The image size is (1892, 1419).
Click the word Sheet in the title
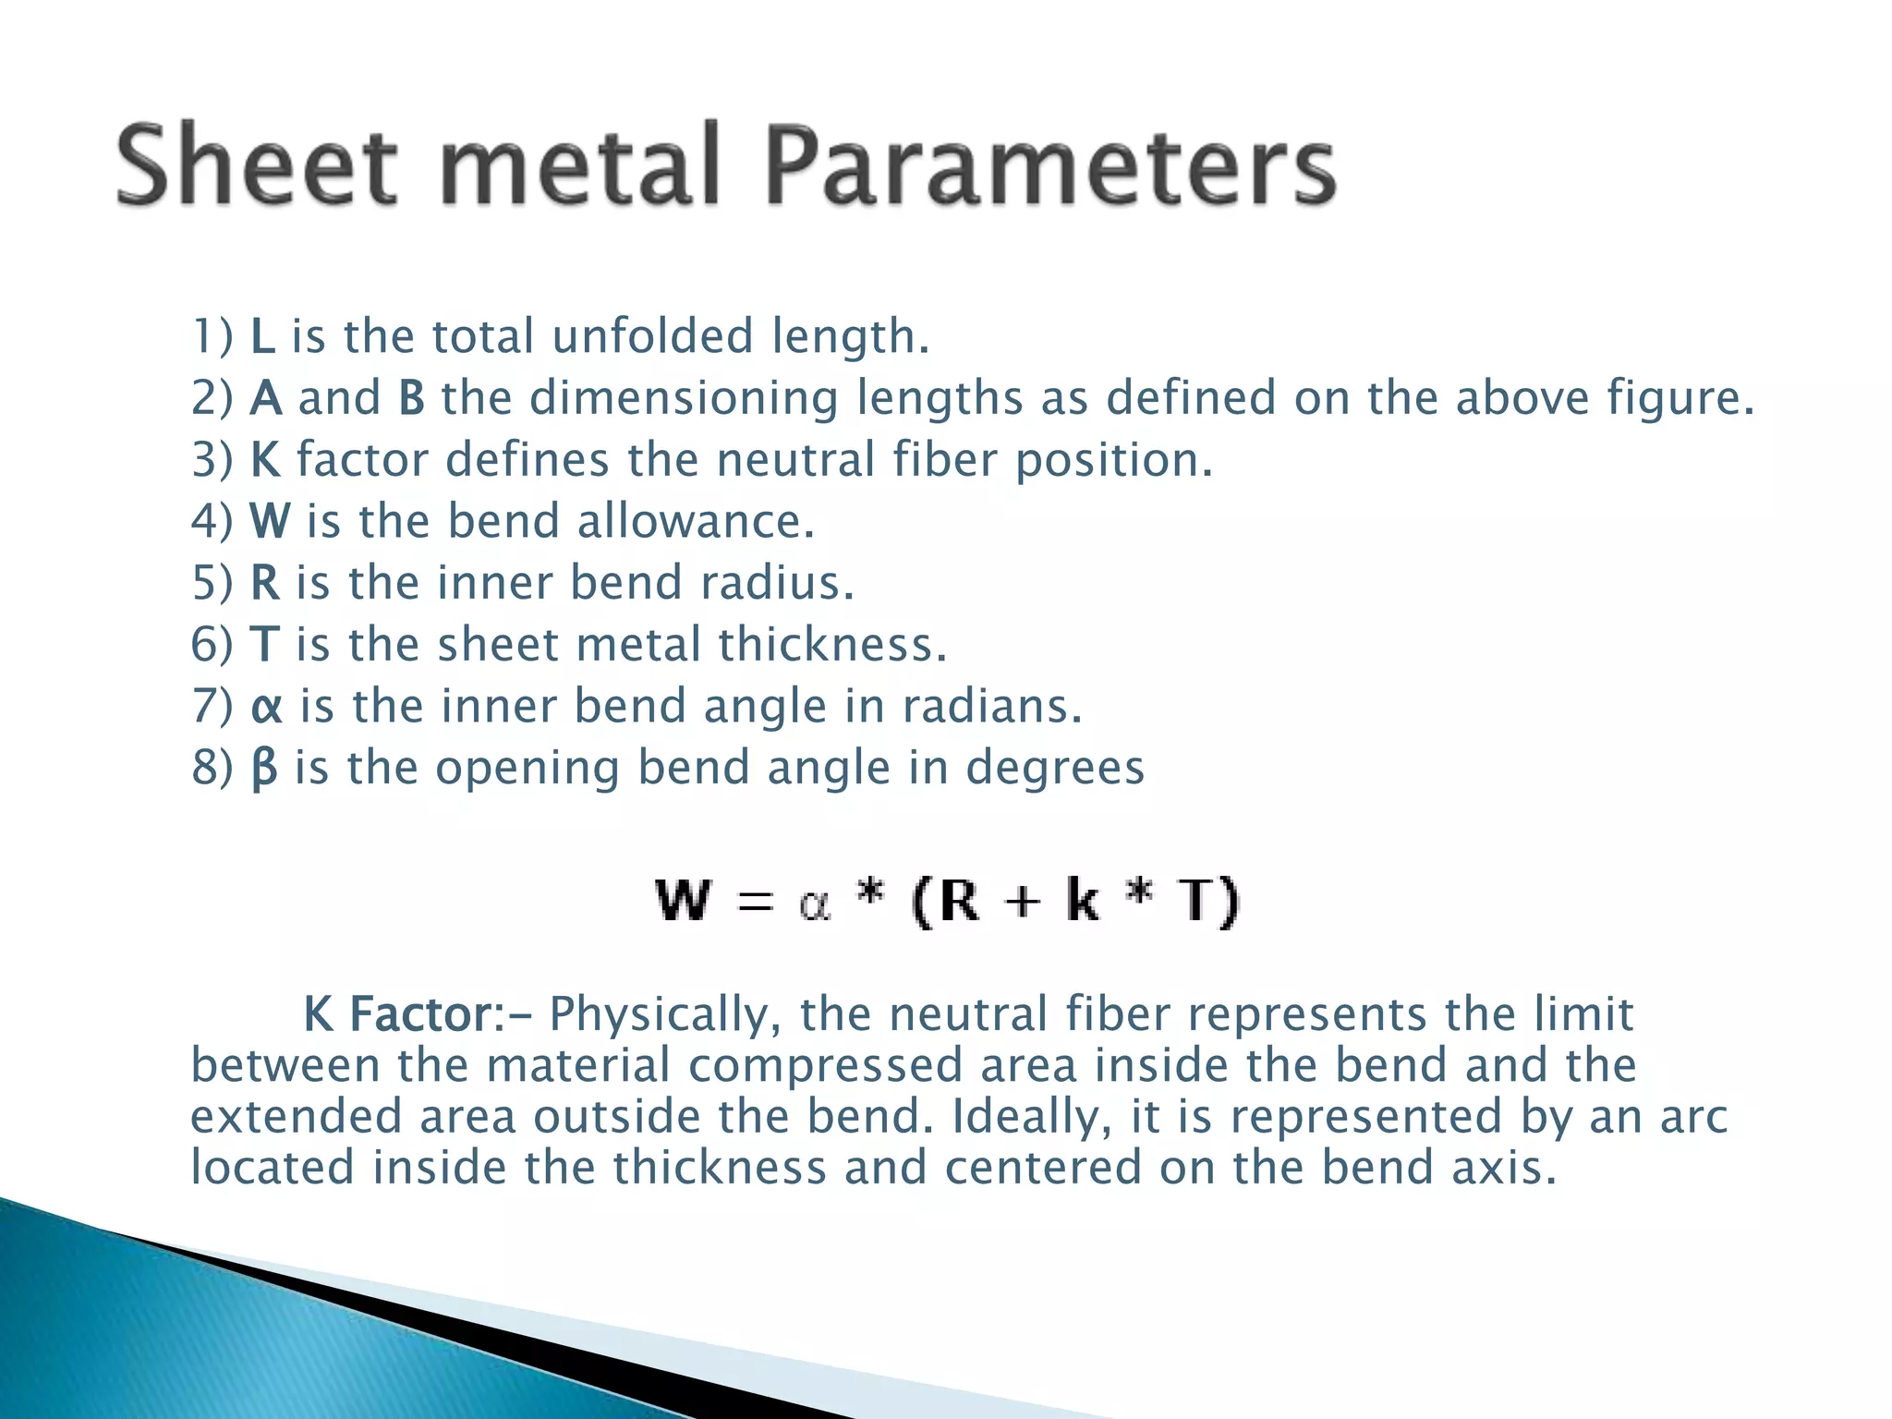pyautogui.click(x=258, y=165)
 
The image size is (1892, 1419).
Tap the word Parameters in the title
pyautogui.click(x=1050, y=165)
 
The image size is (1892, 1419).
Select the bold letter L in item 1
pyautogui.click(x=262, y=336)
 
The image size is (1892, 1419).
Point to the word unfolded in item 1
pyautogui.click(x=652, y=336)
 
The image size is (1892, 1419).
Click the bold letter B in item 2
pyautogui.click(x=412, y=398)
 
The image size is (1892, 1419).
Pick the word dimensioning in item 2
pyautogui.click(x=684, y=398)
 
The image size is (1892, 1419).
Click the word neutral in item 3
pyautogui.click(x=795, y=460)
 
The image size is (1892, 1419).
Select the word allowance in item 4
pyautogui.click(x=696, y=521)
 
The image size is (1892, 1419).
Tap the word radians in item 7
pyautogui.click(x=991, y=707)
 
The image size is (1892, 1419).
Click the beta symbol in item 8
pyautogui.click(x=264, y=769)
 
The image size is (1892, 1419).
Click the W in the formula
pyautogui.click(x=684, y=901)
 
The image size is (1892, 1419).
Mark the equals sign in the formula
pyautogui.click(x=756, y=903)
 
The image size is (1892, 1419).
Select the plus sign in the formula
pyautogui.click(x=1022, y=903)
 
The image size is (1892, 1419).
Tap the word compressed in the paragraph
pyautogui.click(x=826, y=1066)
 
